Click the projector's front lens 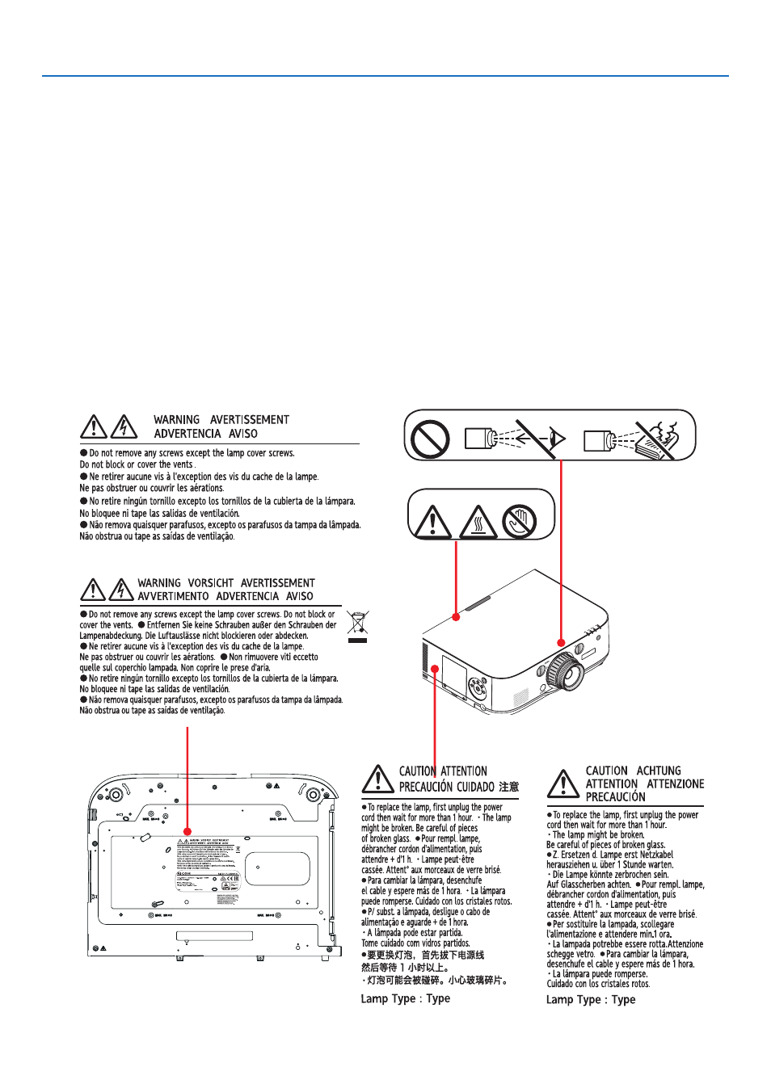click(563, 670)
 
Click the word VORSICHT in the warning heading click(211, 583)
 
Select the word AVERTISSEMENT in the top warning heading click(250, 420)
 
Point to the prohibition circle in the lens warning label click(430, 439)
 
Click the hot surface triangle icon click(478, 523)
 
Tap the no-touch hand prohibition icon click(519, 523)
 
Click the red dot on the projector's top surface click(457, 617)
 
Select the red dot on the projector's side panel click(435, 669)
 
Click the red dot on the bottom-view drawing click(187, 831)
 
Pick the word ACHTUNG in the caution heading click(659, 771)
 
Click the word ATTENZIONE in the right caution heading click(676, 783)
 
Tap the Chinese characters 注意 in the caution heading click(508, 787)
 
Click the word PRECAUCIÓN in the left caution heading click(425, 787)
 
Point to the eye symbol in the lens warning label click(557, 439)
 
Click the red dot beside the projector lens click(561, 643)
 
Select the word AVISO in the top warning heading click(242, 434)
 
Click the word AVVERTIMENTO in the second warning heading click(173, 597)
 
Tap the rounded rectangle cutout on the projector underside click(277, 868)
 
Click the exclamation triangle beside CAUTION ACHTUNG click(562, 783)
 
